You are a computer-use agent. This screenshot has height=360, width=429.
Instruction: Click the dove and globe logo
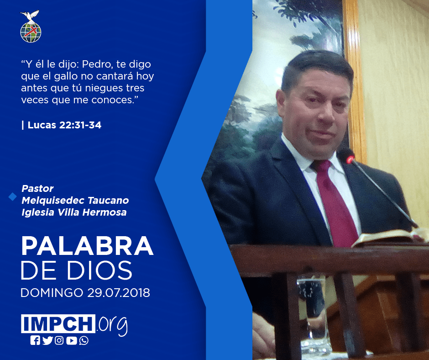tap(31, 26)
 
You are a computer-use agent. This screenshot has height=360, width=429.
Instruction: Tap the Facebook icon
tap(35, 340)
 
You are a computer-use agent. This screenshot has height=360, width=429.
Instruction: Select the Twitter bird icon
tap(47, 340)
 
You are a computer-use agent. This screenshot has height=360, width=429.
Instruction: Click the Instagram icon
tap(59, 340)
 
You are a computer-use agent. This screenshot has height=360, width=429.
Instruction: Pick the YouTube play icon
tap(72, 340)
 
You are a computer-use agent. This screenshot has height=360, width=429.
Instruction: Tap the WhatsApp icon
tap(84, 340)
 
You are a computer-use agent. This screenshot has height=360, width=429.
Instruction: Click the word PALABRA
tap(87, 246)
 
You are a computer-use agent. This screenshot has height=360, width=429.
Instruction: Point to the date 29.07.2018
tap(119, 292)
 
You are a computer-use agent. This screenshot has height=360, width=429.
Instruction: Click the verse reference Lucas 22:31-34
tap(64, 125)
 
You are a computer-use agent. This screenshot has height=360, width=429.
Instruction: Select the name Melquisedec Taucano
tap(75, 200)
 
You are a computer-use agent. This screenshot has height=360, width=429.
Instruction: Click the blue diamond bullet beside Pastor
tap(13, 196)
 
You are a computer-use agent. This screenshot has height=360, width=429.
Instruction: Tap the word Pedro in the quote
tap(97, 64)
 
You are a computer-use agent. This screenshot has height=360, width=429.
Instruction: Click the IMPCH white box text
tap(58, 323)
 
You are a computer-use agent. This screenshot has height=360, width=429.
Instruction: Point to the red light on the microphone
tap(350, 159)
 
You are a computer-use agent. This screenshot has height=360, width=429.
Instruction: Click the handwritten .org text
tap(112, 325)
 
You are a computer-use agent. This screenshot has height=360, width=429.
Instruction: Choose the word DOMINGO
tap(52, 292)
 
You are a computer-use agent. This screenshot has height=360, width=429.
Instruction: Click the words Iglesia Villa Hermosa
tap(74, 212)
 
